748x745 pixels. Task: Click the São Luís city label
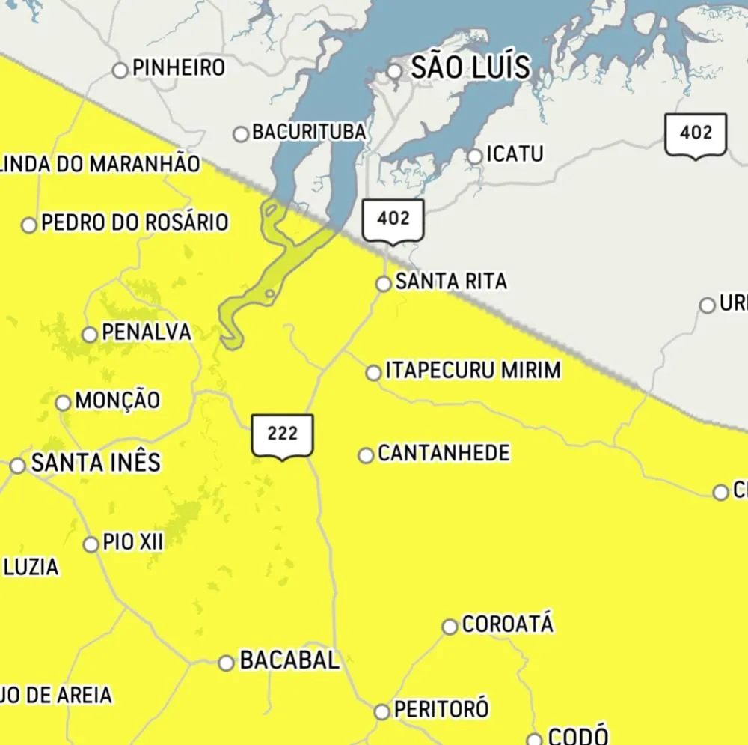[x=470, y=68]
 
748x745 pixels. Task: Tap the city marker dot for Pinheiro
[x=120, y=70]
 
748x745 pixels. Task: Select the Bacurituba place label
[x=309, y=133]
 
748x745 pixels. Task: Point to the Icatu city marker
[x=475, y=156]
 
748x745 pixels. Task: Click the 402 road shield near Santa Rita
[x=393, y=220]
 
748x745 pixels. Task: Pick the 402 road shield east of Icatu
[x=696, y=135]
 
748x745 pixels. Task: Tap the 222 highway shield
[x=282, y=435]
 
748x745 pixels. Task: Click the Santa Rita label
[x=451, y=282]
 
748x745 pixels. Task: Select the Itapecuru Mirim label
[x=473, y=371]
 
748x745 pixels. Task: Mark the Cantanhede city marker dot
[x=366, y=455]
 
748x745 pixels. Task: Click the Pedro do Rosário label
[x=135, y=222]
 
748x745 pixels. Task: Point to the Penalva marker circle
[x=90, y=334]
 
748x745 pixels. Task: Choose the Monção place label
[x=117, y=401]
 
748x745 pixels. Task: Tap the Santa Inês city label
[x=96, y=463]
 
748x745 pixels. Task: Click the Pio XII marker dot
[x=91, y=544]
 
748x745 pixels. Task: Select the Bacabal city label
[x=289, y=660]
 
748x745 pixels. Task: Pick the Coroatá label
[x=508, y=624]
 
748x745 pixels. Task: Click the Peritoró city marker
[x=382, y=711]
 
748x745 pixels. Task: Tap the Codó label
[x=578, y=736]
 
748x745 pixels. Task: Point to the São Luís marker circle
[x=394, y=71]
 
